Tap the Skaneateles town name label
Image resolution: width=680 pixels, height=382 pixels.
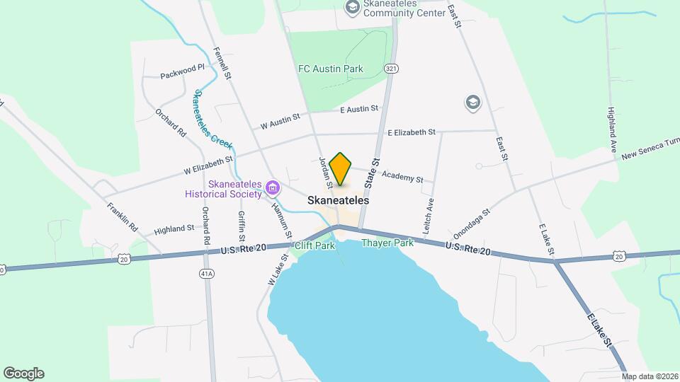[x=339, y=201]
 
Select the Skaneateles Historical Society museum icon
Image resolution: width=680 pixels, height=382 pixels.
[x=273, y=187]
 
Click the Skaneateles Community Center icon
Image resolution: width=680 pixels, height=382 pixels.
[x=351, y=8]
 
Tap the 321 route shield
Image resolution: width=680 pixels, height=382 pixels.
[x=391, y=68]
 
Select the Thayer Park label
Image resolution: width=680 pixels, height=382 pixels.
[x=387, y=243]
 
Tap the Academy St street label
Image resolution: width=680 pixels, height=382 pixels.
[x=402, y=176]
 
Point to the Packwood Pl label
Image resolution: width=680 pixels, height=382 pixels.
[x=182, y=71]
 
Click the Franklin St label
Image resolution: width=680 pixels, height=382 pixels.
[x=122, y=218]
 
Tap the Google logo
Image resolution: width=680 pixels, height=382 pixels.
[x=23, y=374]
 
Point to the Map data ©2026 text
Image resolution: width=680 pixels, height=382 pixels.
[x=650, y=376]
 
